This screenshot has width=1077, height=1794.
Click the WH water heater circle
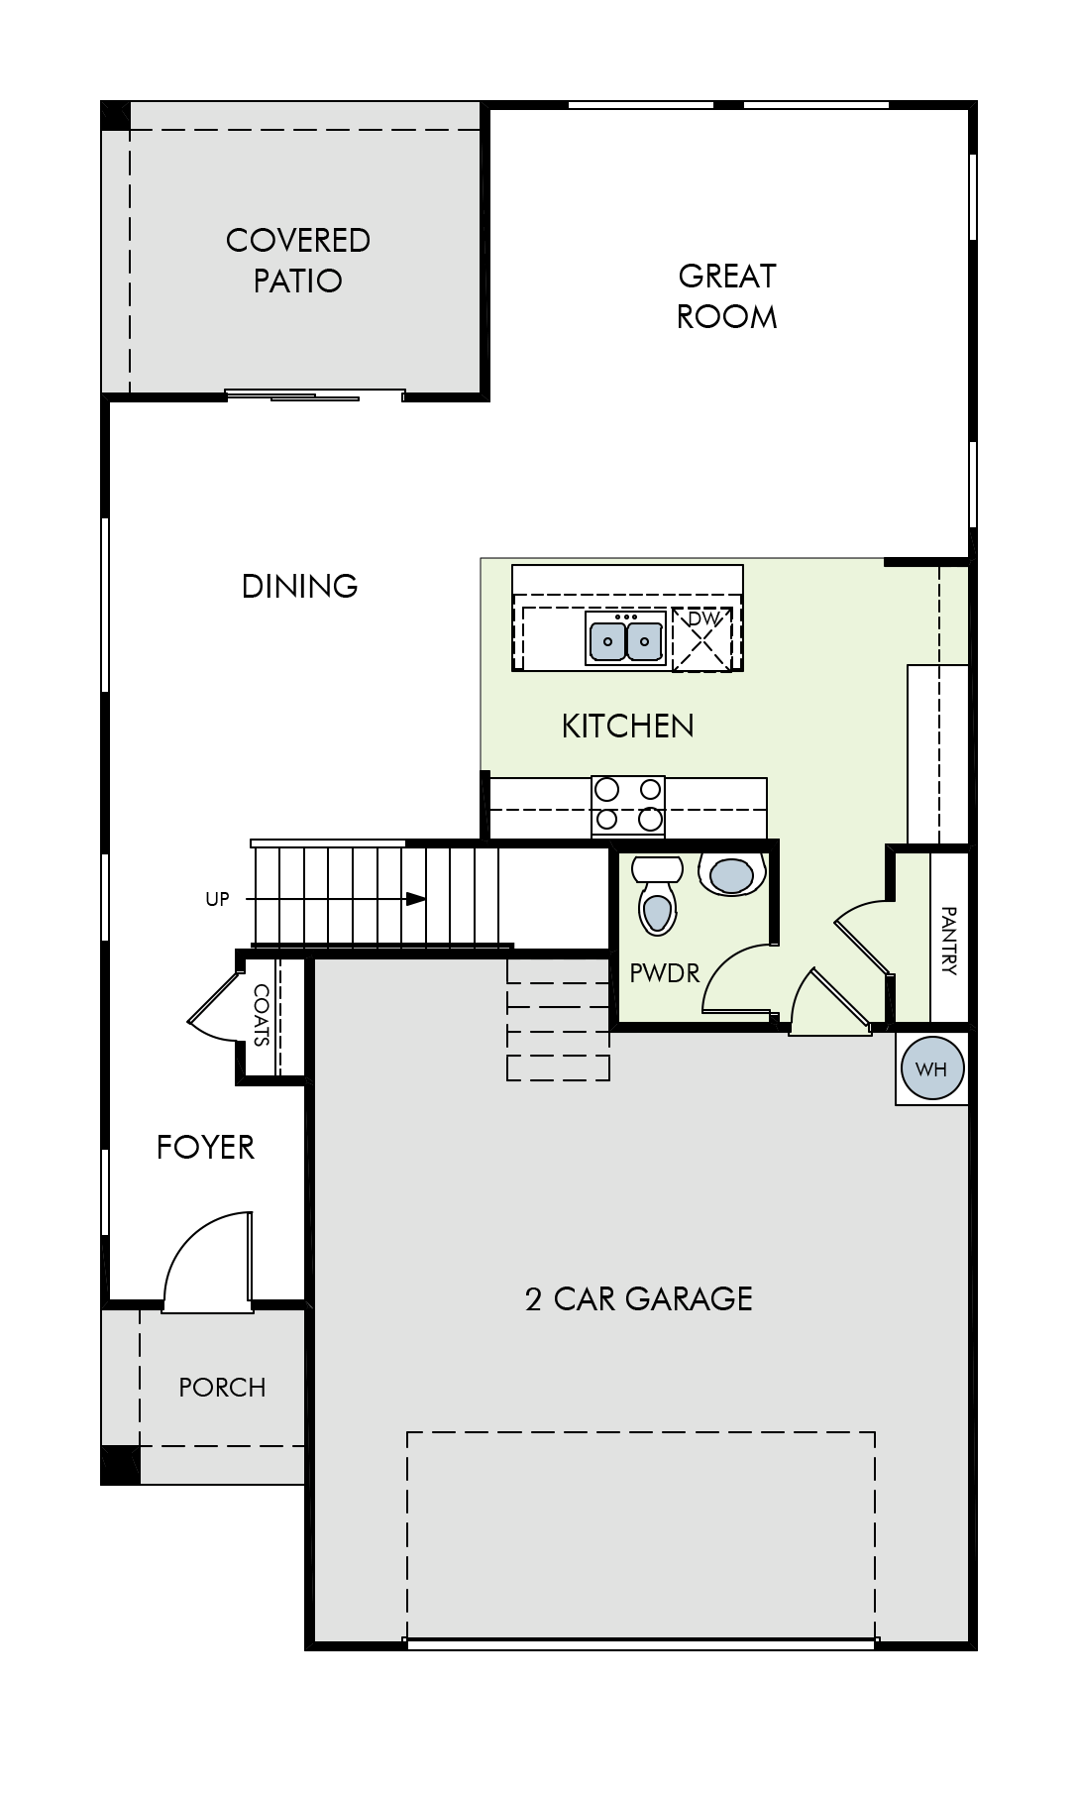931,1068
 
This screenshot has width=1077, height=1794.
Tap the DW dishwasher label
701,618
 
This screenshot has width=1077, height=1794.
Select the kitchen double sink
626,640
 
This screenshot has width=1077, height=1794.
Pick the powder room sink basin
732,874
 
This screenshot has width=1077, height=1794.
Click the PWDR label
665,973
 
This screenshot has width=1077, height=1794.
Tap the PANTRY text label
948,941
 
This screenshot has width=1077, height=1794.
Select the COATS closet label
262,1015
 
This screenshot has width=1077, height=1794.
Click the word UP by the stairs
217,899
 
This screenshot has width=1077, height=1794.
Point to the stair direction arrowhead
416,899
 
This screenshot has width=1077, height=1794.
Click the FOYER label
206,1147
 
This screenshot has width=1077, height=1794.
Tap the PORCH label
222,1387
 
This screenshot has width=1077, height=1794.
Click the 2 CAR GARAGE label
639,1298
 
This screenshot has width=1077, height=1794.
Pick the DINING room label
300,586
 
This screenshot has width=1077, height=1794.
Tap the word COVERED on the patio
298,240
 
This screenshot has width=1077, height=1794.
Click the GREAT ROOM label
727,295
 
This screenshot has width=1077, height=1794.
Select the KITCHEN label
628,726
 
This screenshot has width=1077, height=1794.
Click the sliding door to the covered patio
315,395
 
